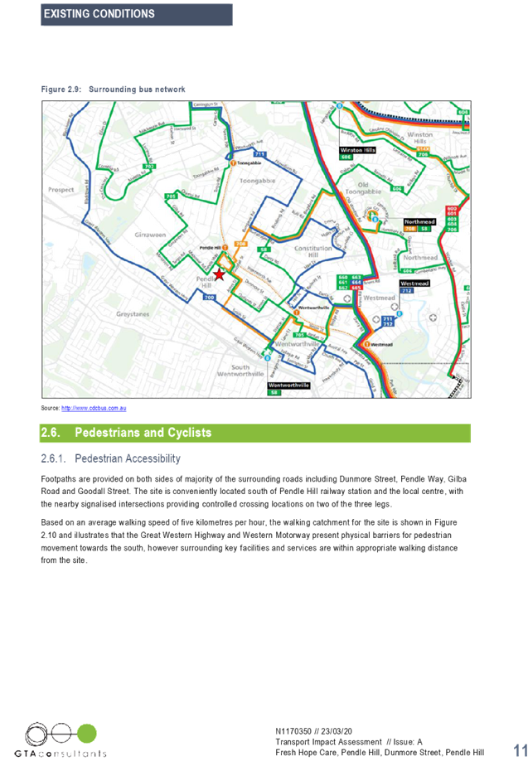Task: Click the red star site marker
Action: point(219,274)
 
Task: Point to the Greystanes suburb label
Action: point(111,314)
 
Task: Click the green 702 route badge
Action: point(149,167)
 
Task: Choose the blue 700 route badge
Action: point(209,297)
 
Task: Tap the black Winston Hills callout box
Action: point(358,150)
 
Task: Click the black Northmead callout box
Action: point(419,222)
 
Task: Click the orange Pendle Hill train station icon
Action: point(225,247)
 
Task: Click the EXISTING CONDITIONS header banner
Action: point(137,15)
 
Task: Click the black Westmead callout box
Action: point(414,283)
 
